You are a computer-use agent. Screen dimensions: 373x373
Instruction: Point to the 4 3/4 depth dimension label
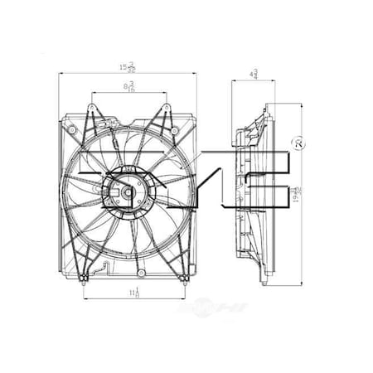tap(252, 73)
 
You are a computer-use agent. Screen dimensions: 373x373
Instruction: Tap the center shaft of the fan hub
tap(130, 195)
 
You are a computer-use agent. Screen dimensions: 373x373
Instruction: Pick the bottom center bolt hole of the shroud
tap(141, 273)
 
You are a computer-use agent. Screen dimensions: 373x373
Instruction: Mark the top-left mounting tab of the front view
tap(92, 109)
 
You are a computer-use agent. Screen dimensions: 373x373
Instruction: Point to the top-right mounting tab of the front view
tap(165, 109)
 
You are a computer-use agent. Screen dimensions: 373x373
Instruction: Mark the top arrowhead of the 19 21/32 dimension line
tap(294, 105)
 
